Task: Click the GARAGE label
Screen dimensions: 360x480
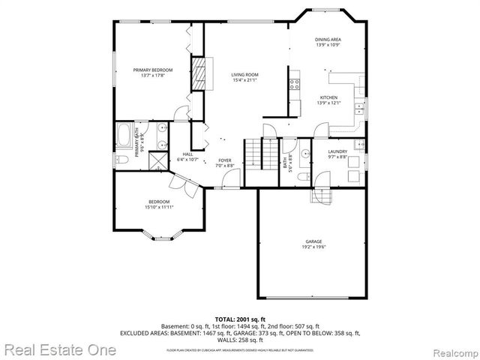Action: tap(313, 241)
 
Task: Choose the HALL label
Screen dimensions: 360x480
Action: tap(187, 154)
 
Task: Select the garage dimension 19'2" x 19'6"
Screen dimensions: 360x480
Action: tap(313, 247)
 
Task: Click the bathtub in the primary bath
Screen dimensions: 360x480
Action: tap(124, 137)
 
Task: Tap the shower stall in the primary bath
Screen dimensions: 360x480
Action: tap(159, 161)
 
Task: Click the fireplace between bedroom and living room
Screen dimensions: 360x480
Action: tap(199, 75)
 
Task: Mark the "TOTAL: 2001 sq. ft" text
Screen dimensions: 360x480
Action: tap(241, 319)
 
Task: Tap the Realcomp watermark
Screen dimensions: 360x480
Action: tap(448, 350)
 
